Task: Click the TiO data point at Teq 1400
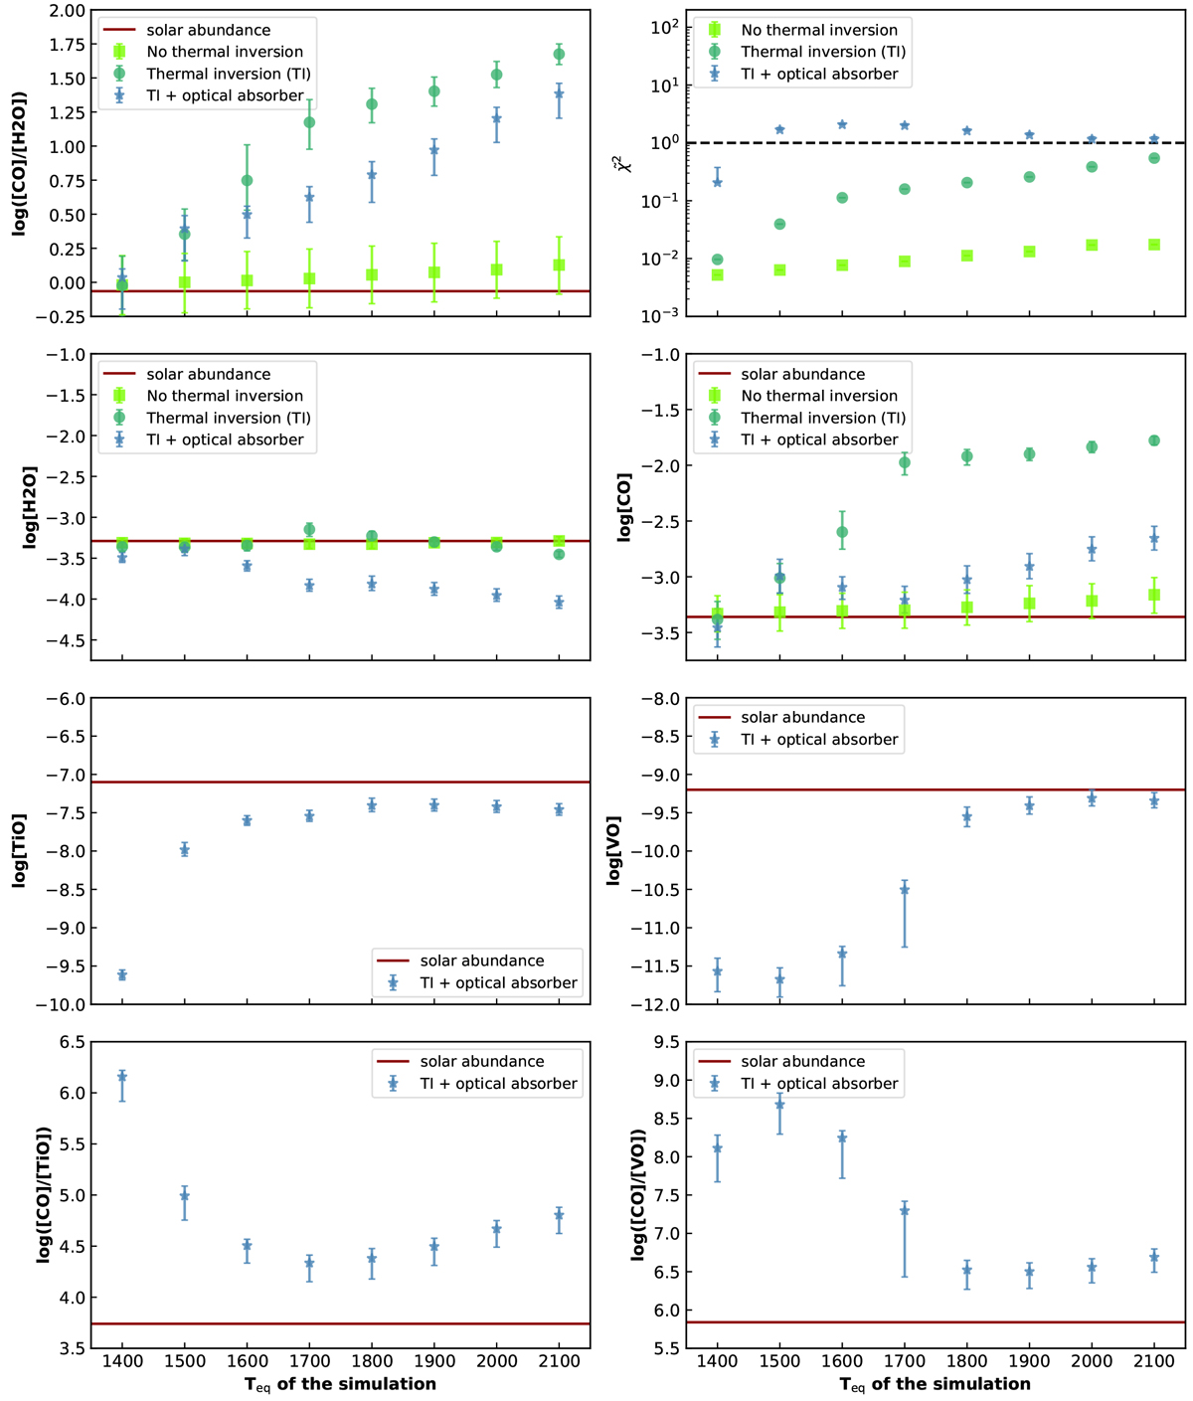pyautogui.click(x=122, y=975)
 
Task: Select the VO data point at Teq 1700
pyautogui.click(x=904, y=890)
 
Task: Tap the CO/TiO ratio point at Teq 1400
pyautogui.click(x=122, y=1077)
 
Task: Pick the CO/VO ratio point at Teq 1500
pyautogui.click(x=779, y=1105)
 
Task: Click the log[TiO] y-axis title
pyautogui.click(x=19, y=851)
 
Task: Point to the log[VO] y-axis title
pyautogui.click(x=614, y=851)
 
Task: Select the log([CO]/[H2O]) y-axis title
pyautogui.click(x=19, y=164)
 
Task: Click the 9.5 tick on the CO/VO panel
pyautogui.click(x=668, y=1043)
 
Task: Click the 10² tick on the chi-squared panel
pyautogui.click(x=662, y=27)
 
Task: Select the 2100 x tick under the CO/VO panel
pyautogui.click(x=1154, y=1361)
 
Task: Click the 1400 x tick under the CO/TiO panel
pyautogui.click(x=122, y=1361)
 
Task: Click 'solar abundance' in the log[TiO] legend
pyautogui.click(x=481, y=962)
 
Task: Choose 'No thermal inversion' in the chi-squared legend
pyautogui.click(x=818, y=31)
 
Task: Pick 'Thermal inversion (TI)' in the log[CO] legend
pyautogui.click(x=822, y=418)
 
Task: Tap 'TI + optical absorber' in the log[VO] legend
pyautogui.click(x=818, y=740)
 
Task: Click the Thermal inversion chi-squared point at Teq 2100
pyautogui.click(x=1154, y=158)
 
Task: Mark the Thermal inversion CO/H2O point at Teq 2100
pyautogui.click(x=559, y=55)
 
